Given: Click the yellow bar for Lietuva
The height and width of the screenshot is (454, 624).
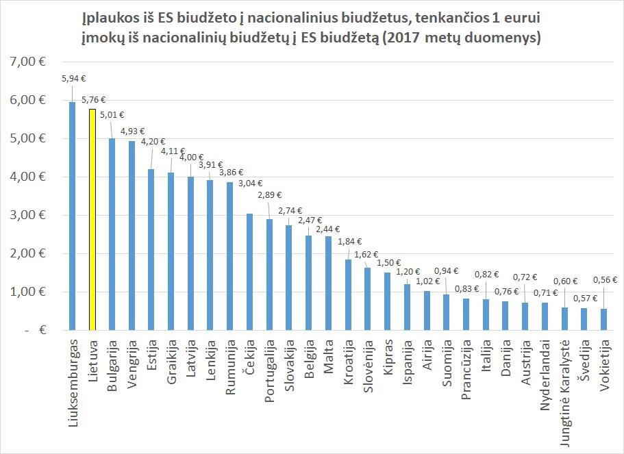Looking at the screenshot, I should pyautogui.click(x=92, y=219).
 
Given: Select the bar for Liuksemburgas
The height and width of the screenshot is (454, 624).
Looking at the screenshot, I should pyautogui.click(x=73, y=216).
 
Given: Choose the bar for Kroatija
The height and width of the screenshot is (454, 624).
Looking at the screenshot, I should pyautogui.click(x=349, y=295).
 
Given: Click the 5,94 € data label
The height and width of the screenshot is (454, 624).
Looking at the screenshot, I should pyautogui.click(x=73, y=79).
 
